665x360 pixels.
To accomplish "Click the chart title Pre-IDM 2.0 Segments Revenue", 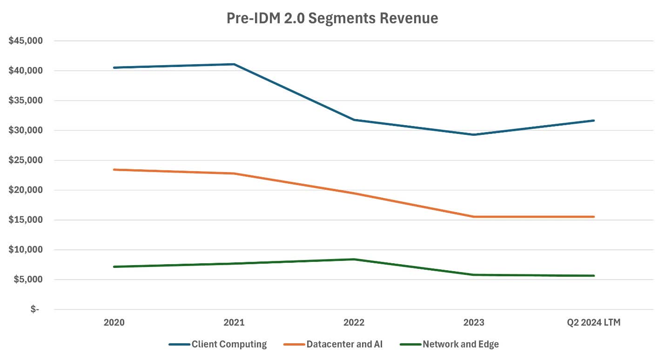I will tap(332, 18).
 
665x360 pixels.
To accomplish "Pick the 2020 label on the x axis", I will tap(114, 322).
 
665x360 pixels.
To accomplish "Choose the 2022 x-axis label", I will tap(354, 322).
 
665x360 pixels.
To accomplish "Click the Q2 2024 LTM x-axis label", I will tap(594, 322).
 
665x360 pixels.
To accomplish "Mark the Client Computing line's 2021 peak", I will tap(234, 64).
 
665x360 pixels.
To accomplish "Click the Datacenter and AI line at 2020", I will tap(114, 170).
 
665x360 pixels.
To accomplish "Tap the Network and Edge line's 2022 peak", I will tap(354, 259).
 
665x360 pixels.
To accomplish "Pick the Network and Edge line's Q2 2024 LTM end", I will tap(594, 276).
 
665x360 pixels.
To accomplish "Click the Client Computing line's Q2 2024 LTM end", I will tap(594, 120).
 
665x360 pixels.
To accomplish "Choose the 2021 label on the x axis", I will tap(234, 322).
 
